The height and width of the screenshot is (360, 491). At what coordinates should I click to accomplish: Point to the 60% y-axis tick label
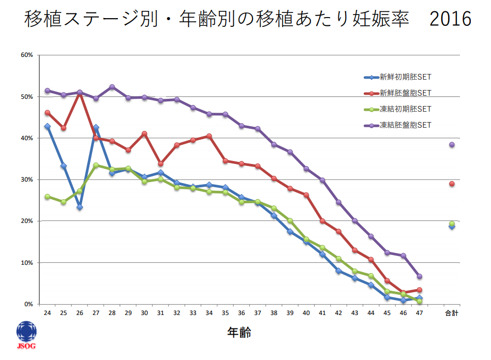click(27, 55)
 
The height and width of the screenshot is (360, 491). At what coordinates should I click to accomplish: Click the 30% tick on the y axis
click(27, 179)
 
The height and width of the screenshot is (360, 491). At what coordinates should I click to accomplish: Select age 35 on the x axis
click(225, 313)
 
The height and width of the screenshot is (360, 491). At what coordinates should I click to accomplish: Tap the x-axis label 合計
click(452, 313)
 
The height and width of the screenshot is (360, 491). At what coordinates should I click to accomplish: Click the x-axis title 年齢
click(239, 333)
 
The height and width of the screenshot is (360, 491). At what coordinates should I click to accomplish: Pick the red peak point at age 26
click(80, 93)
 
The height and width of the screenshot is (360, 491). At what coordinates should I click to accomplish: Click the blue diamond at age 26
click(80, 207)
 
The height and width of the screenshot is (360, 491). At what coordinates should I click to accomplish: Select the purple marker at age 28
click(112, 87)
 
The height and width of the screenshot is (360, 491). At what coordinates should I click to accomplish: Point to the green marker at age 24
click(47, 197)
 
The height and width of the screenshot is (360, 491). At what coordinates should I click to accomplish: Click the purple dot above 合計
click(452, 145)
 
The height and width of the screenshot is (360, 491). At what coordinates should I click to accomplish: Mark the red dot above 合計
click(452, 184)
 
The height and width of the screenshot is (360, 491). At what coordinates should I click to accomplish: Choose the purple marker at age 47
click(419, 276)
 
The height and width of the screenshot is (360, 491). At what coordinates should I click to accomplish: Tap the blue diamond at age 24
click(47, 126)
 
